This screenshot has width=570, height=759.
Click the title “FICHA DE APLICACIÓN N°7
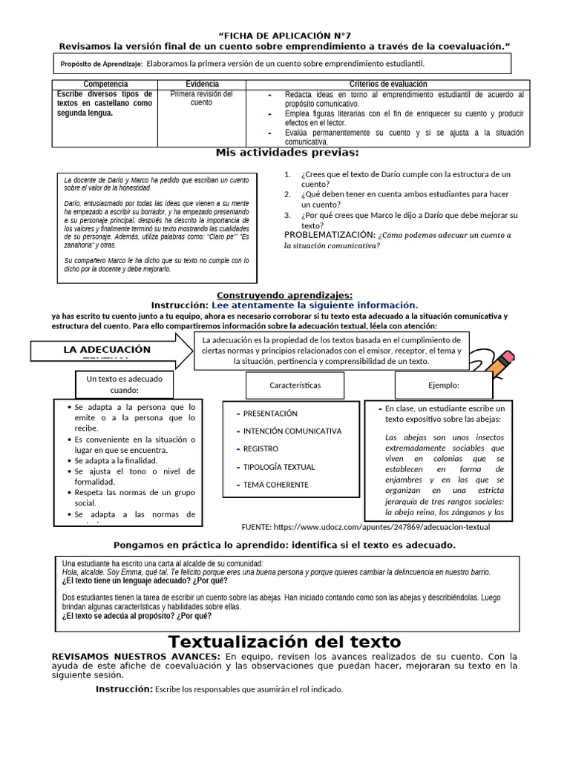click(x=285, y=36)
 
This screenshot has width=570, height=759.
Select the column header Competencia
click(x=105, y=84)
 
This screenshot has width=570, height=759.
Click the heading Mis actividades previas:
click(x=286, y=153)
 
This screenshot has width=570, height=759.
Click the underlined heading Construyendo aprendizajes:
click(x=284, y=295)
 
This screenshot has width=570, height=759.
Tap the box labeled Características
click(x=295, y=385)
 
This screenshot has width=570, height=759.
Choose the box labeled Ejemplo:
click(x=444, y=385)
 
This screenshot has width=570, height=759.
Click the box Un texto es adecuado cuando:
click(x=124, y=385)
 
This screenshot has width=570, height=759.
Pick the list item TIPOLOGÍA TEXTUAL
click(x=278, y=467)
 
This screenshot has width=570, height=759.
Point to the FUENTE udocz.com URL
click(x=366, y=527)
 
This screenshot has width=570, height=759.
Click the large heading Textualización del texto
click(x=284, y=642)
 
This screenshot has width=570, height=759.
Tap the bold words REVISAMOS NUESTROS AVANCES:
click(x=136, y=657)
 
